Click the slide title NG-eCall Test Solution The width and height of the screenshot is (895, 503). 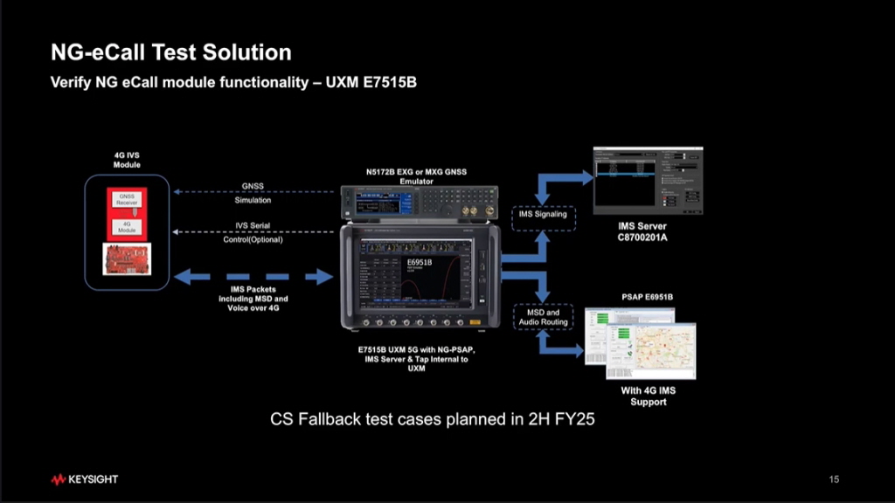tap(170, 52)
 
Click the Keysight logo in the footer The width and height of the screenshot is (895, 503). tap(84, 479)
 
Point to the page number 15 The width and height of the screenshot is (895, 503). tap(834, 479)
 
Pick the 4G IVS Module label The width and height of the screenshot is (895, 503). tap(127, 160)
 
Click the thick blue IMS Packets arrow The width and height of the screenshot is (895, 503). tap(253, 278)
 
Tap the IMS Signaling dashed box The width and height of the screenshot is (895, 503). tap(543, 214)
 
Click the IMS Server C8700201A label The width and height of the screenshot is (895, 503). tap(642, 231)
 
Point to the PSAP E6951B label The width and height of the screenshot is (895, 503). tap(647, 297)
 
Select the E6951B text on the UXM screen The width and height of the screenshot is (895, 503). tap(420, 261)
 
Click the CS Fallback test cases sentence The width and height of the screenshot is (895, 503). tap(432, 420)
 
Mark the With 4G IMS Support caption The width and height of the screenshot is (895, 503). tap(648, 396)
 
